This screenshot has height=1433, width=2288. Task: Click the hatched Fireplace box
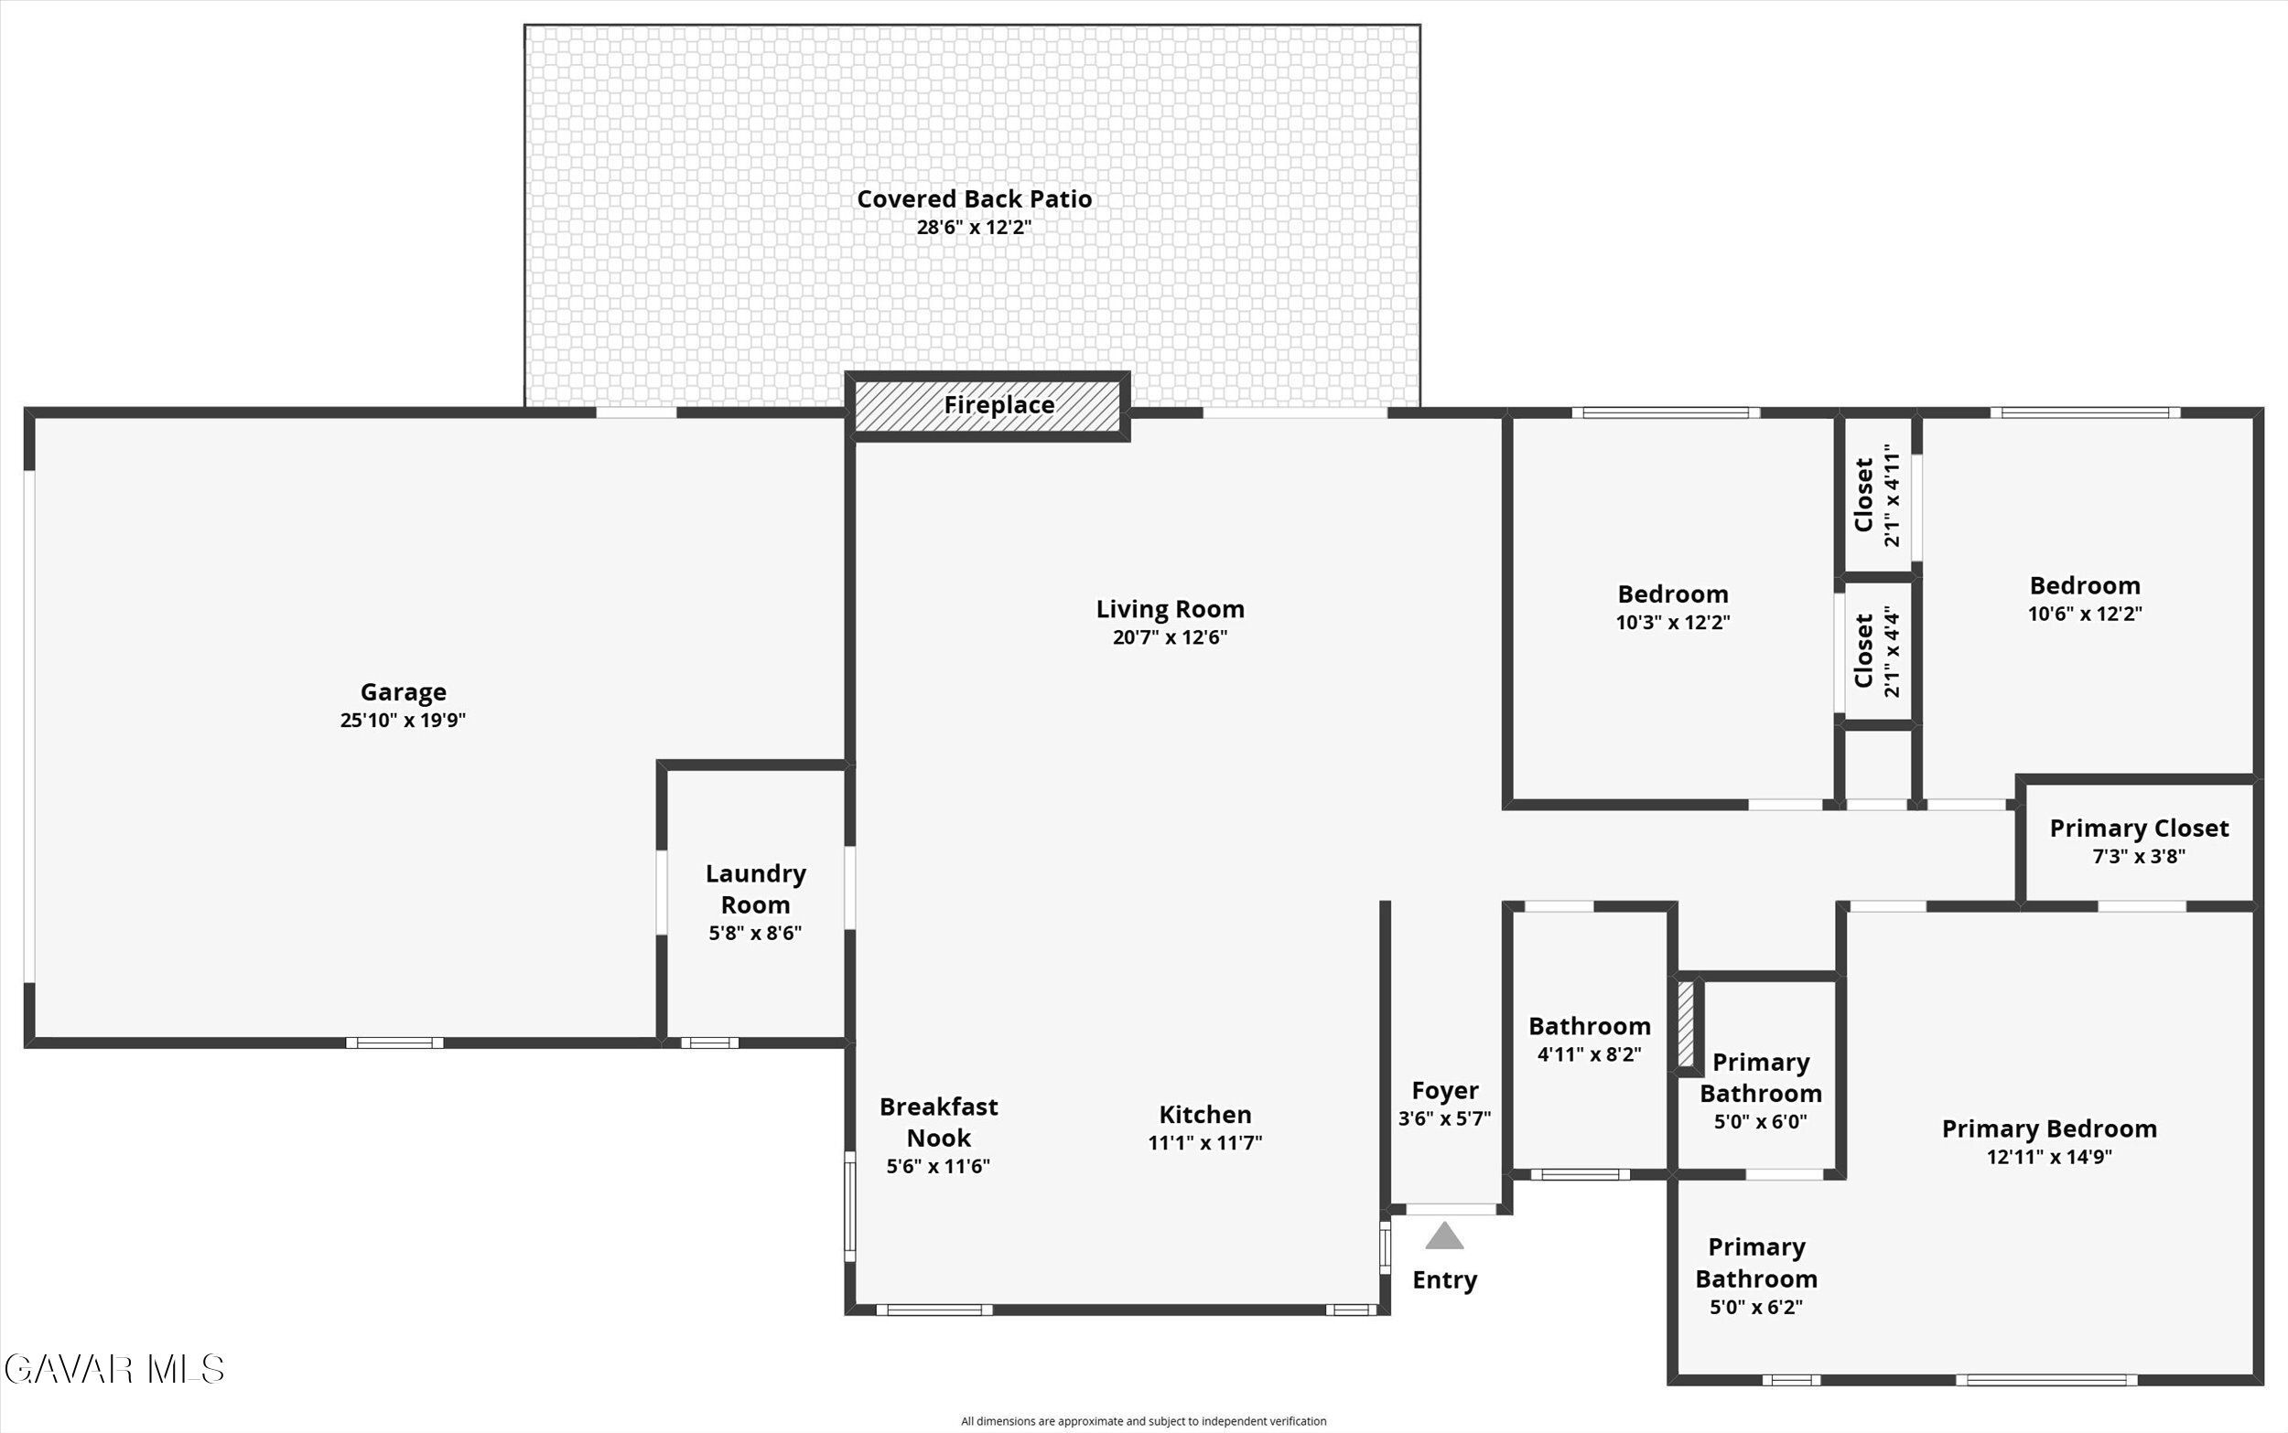tap(988, 406)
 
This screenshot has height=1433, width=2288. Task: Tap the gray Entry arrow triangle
tap(1444, 1235)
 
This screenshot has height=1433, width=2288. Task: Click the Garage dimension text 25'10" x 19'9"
tap(403, 721)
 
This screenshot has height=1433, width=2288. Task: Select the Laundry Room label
tap(756, 889)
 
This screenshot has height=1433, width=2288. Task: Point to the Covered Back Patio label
tap(975, 199)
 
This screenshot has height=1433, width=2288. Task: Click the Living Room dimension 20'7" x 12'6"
tap(1170, 636)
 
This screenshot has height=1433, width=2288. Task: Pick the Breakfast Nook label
tap(939, 1122)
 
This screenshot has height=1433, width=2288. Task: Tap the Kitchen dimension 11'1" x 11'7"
tap(1205, 1143)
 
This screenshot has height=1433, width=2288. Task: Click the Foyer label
tap(1445, 1091)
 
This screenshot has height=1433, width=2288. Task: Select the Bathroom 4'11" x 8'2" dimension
tap(1589, 1054)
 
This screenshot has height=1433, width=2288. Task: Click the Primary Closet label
tap(2139, 829)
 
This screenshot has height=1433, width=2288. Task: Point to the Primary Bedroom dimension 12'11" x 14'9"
tap(2050, 1157)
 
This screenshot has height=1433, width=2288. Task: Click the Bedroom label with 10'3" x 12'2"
tap(1674, 594)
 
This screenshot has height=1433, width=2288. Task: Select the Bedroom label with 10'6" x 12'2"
tap(2085, 585)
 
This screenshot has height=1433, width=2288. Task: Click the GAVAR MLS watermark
tap(113, 1370)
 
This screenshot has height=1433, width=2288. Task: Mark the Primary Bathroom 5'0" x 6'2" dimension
tap(1756, 1308)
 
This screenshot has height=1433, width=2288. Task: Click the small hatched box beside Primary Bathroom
tap(1686, 1024)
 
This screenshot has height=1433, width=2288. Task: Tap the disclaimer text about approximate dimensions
tap(1143, 1422)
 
